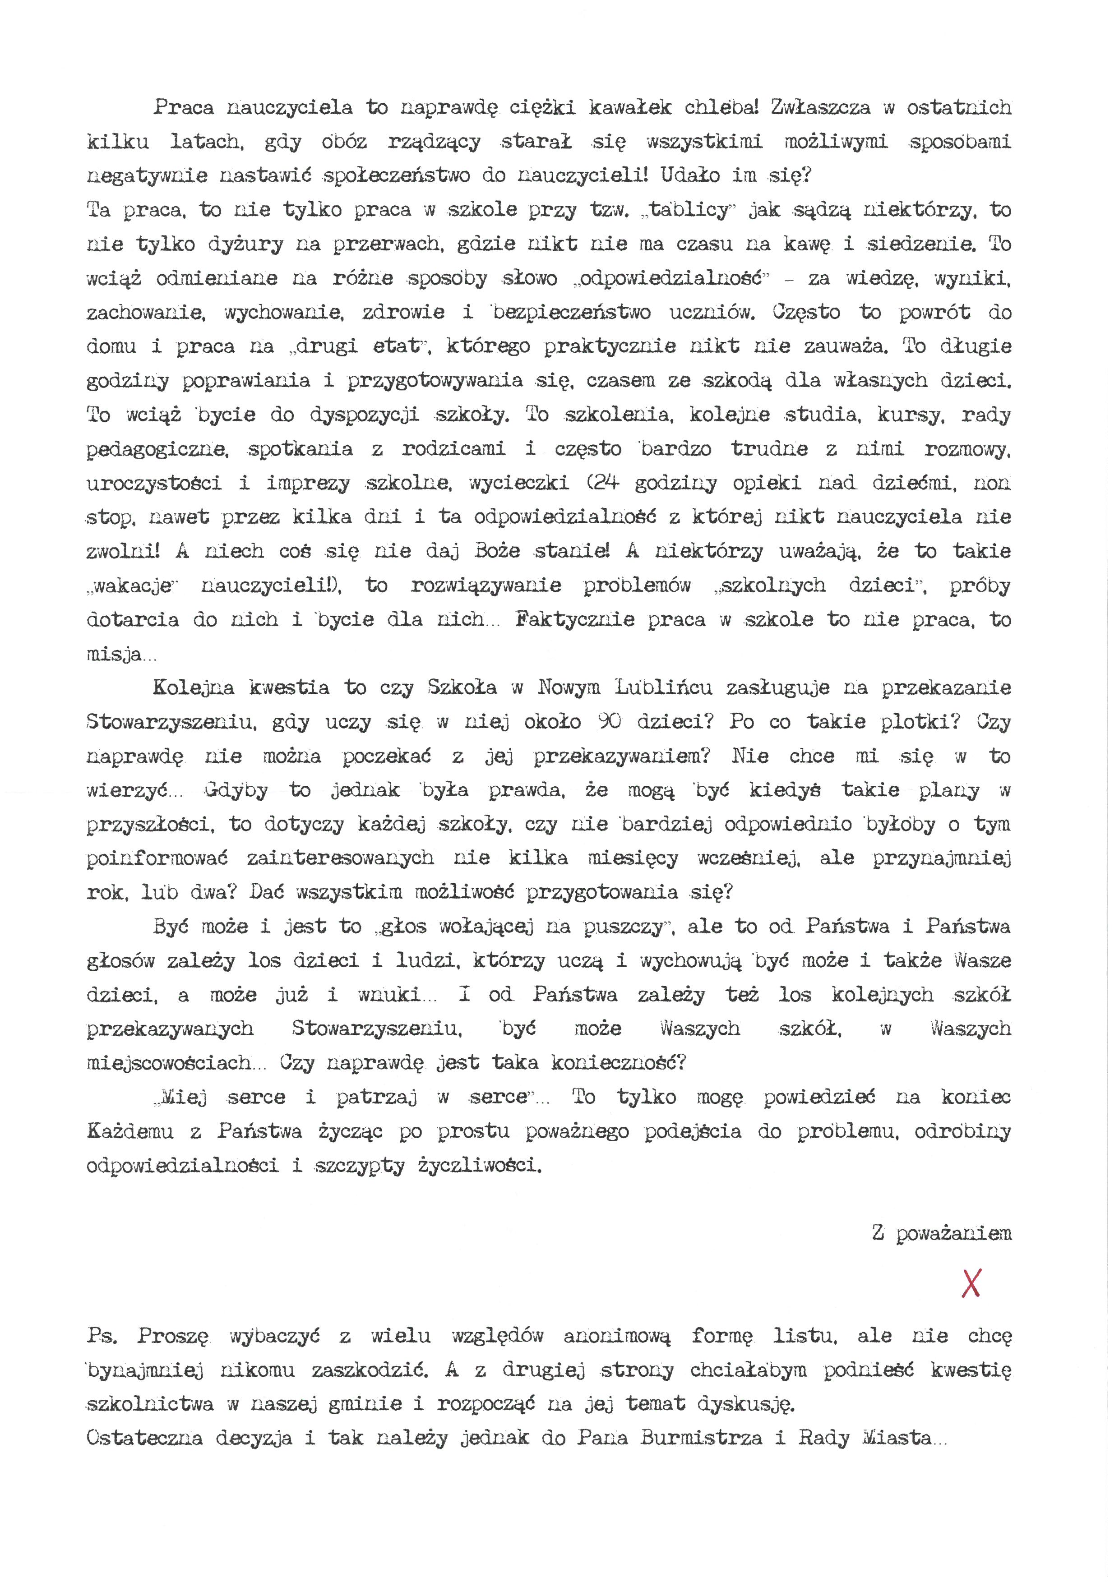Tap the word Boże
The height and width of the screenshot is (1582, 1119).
click(x=498, y=551)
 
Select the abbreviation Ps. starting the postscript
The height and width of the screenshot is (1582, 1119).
click(x=102, y=1336)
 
